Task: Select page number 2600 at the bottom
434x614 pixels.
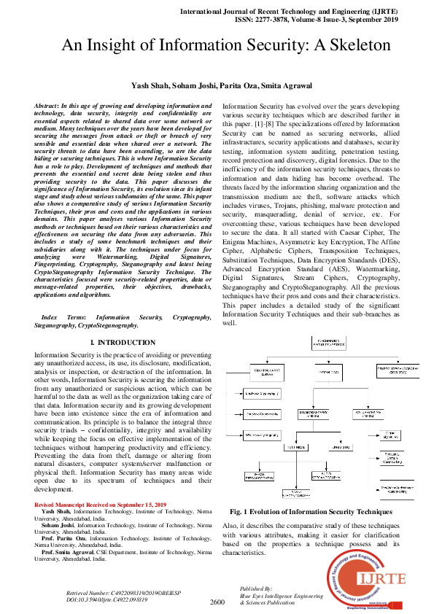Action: pyautogui.click(x=217, y=602)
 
